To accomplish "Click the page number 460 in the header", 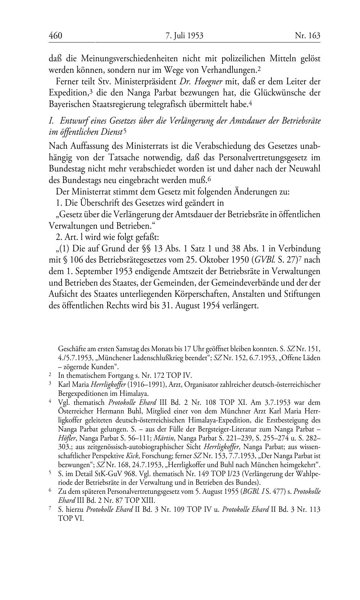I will [x=55, y=36].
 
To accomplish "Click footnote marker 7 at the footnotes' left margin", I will [x=50, y=509].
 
